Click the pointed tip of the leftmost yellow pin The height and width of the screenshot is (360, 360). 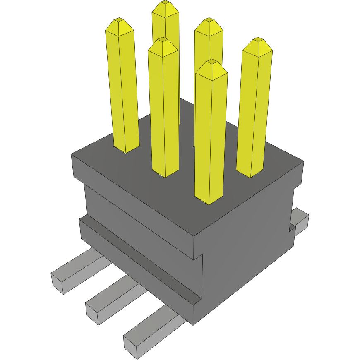click(x=119, y=20)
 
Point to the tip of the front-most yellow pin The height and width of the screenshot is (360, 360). click(x=211, y=61)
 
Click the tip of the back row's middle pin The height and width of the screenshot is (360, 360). click(x=209, y=19)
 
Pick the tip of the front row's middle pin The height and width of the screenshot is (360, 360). click(x=163, y=39)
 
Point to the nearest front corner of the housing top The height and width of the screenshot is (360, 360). click(x=195, y=237)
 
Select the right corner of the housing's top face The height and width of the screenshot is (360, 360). click(x=303, y=161)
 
